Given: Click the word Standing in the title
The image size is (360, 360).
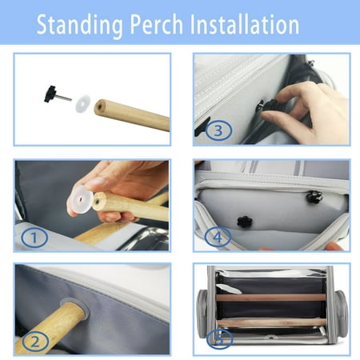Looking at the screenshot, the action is [79, 26].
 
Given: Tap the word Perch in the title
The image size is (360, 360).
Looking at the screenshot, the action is [157, 24].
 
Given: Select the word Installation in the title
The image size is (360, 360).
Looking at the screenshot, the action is [245, 24].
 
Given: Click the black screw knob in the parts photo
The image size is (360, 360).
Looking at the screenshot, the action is [50, 94].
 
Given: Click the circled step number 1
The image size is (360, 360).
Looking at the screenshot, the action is [34, 238].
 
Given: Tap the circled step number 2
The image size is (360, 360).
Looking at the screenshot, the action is [35, 342].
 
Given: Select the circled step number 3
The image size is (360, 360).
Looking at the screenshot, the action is [218, 130].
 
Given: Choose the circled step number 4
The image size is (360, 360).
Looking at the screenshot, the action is [218, 237].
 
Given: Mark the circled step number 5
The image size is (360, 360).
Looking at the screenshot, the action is [220, 339].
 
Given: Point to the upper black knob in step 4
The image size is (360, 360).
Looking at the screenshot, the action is [314, 197].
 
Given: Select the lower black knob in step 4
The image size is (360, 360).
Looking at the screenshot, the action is [245, 222].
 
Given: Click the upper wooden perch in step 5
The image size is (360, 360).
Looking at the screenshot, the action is [270, 298].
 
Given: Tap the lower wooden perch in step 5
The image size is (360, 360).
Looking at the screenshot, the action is [271, 322].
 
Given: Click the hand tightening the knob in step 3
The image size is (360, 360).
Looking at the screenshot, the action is [304, 112].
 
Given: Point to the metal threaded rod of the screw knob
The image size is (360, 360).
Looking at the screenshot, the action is [64, 98].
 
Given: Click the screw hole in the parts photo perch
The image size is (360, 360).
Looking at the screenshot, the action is [99, 107].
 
